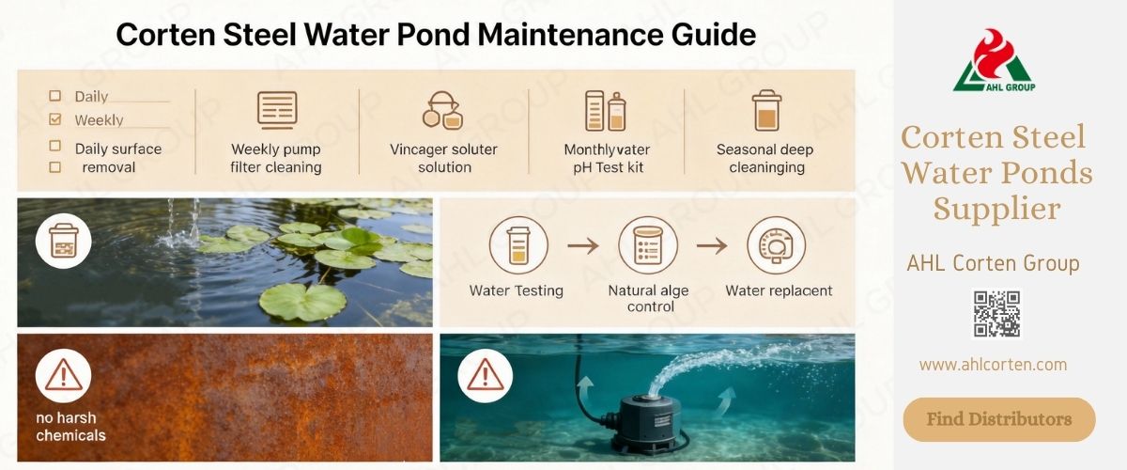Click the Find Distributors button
pyautogui.click(x=999, y=419)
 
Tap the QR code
pyautogui.click(x=996, y=314)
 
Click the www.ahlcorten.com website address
pyautogui.click(x=993, y=365)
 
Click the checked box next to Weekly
pyautogui.click(x=54, y=119)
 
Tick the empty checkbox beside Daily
pyautogui.click(x=54, y=96)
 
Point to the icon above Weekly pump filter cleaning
pyautogui.click(x=277, y=110)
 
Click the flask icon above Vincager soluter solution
pyautogui.click(x=442, y=110)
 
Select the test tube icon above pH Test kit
pyautogui.click(x=605, y=110)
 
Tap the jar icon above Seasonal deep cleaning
pyautogui.click(x=766, y=110)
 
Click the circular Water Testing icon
pyautogui.click(x=517, y=245)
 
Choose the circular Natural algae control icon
pyautogui.click(x=647, y=245)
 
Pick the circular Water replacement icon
pyautogui.click(x=776, y=245)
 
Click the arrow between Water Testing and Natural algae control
pyautogui.click(x=582, y=246)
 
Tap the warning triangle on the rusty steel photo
pyautogui.click(x=63, y=377)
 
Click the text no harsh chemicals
pyautogui.click(x=70, y=427)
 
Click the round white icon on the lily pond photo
pyautogui.click(x=63, y=242)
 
